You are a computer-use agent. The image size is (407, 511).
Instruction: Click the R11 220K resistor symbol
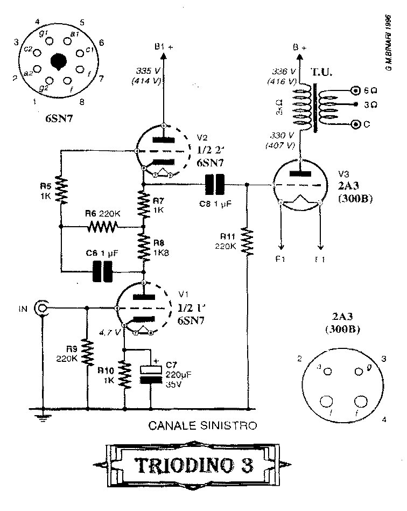coord(247,242)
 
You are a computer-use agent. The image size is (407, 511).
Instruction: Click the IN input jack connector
coord(41,309)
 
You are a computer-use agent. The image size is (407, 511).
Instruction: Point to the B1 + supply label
coord(164,47)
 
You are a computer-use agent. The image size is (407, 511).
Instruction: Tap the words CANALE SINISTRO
coord(202,425)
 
